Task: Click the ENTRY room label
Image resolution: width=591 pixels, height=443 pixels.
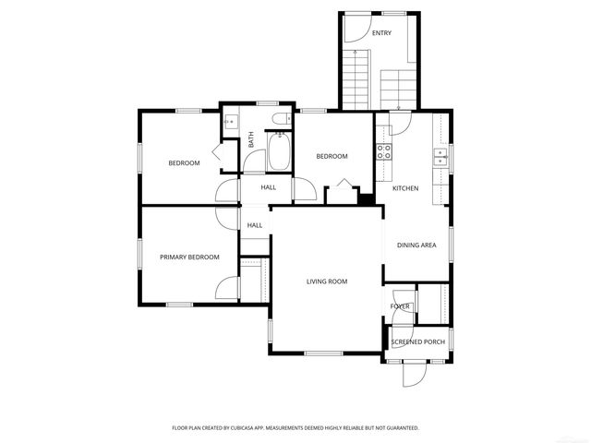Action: click(x=381, y=33)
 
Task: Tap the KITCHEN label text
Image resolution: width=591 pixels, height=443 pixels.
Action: click(x=405, y=188)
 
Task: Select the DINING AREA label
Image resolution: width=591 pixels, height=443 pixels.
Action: click(x=416, y=245)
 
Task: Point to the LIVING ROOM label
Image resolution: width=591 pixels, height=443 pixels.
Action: click(x=327, y=281)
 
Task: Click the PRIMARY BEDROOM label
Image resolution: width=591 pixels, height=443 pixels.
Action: click(x=189, y=257)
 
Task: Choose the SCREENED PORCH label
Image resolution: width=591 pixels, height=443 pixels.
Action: click(x=417, y=341)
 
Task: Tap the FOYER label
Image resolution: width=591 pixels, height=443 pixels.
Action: click(x=400, y=305)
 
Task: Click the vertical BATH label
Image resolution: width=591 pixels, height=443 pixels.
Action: click(x=250, y=140)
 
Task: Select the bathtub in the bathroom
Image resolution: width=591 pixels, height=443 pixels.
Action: click(x=277, y=153)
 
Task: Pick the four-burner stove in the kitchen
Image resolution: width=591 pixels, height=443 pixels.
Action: click(x=384, y=152)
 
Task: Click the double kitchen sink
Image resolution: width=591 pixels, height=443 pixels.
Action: click(x=441, y=157)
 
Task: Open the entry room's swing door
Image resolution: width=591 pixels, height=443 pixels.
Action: click(x=354, y=28)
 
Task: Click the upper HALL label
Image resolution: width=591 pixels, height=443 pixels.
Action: click(x=268, y=187)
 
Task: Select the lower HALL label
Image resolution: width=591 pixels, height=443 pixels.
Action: click(x=255, y=224)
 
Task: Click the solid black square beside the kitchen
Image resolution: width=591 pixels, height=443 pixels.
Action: click(x=367, y=198)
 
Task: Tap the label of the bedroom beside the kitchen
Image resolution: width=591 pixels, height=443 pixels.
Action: click(x=332, y=156)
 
